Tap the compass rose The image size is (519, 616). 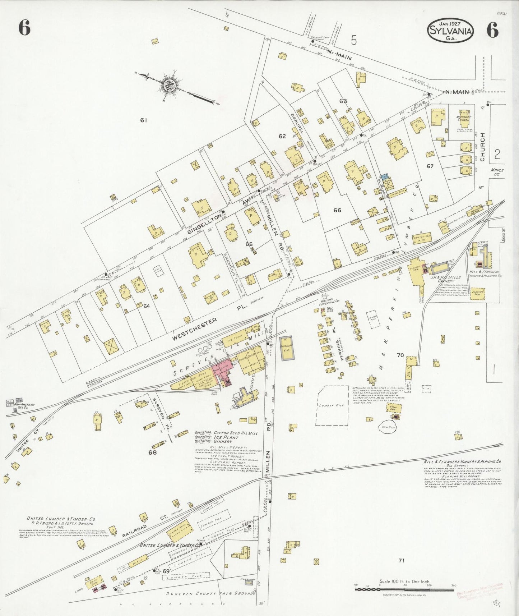click(168, 86)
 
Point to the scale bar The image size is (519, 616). click(404, 589)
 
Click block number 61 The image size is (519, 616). click(144, 120)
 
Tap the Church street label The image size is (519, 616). click(482, 147)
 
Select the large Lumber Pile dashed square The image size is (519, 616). click(333, 405)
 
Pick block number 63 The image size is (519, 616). click(343, 101)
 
